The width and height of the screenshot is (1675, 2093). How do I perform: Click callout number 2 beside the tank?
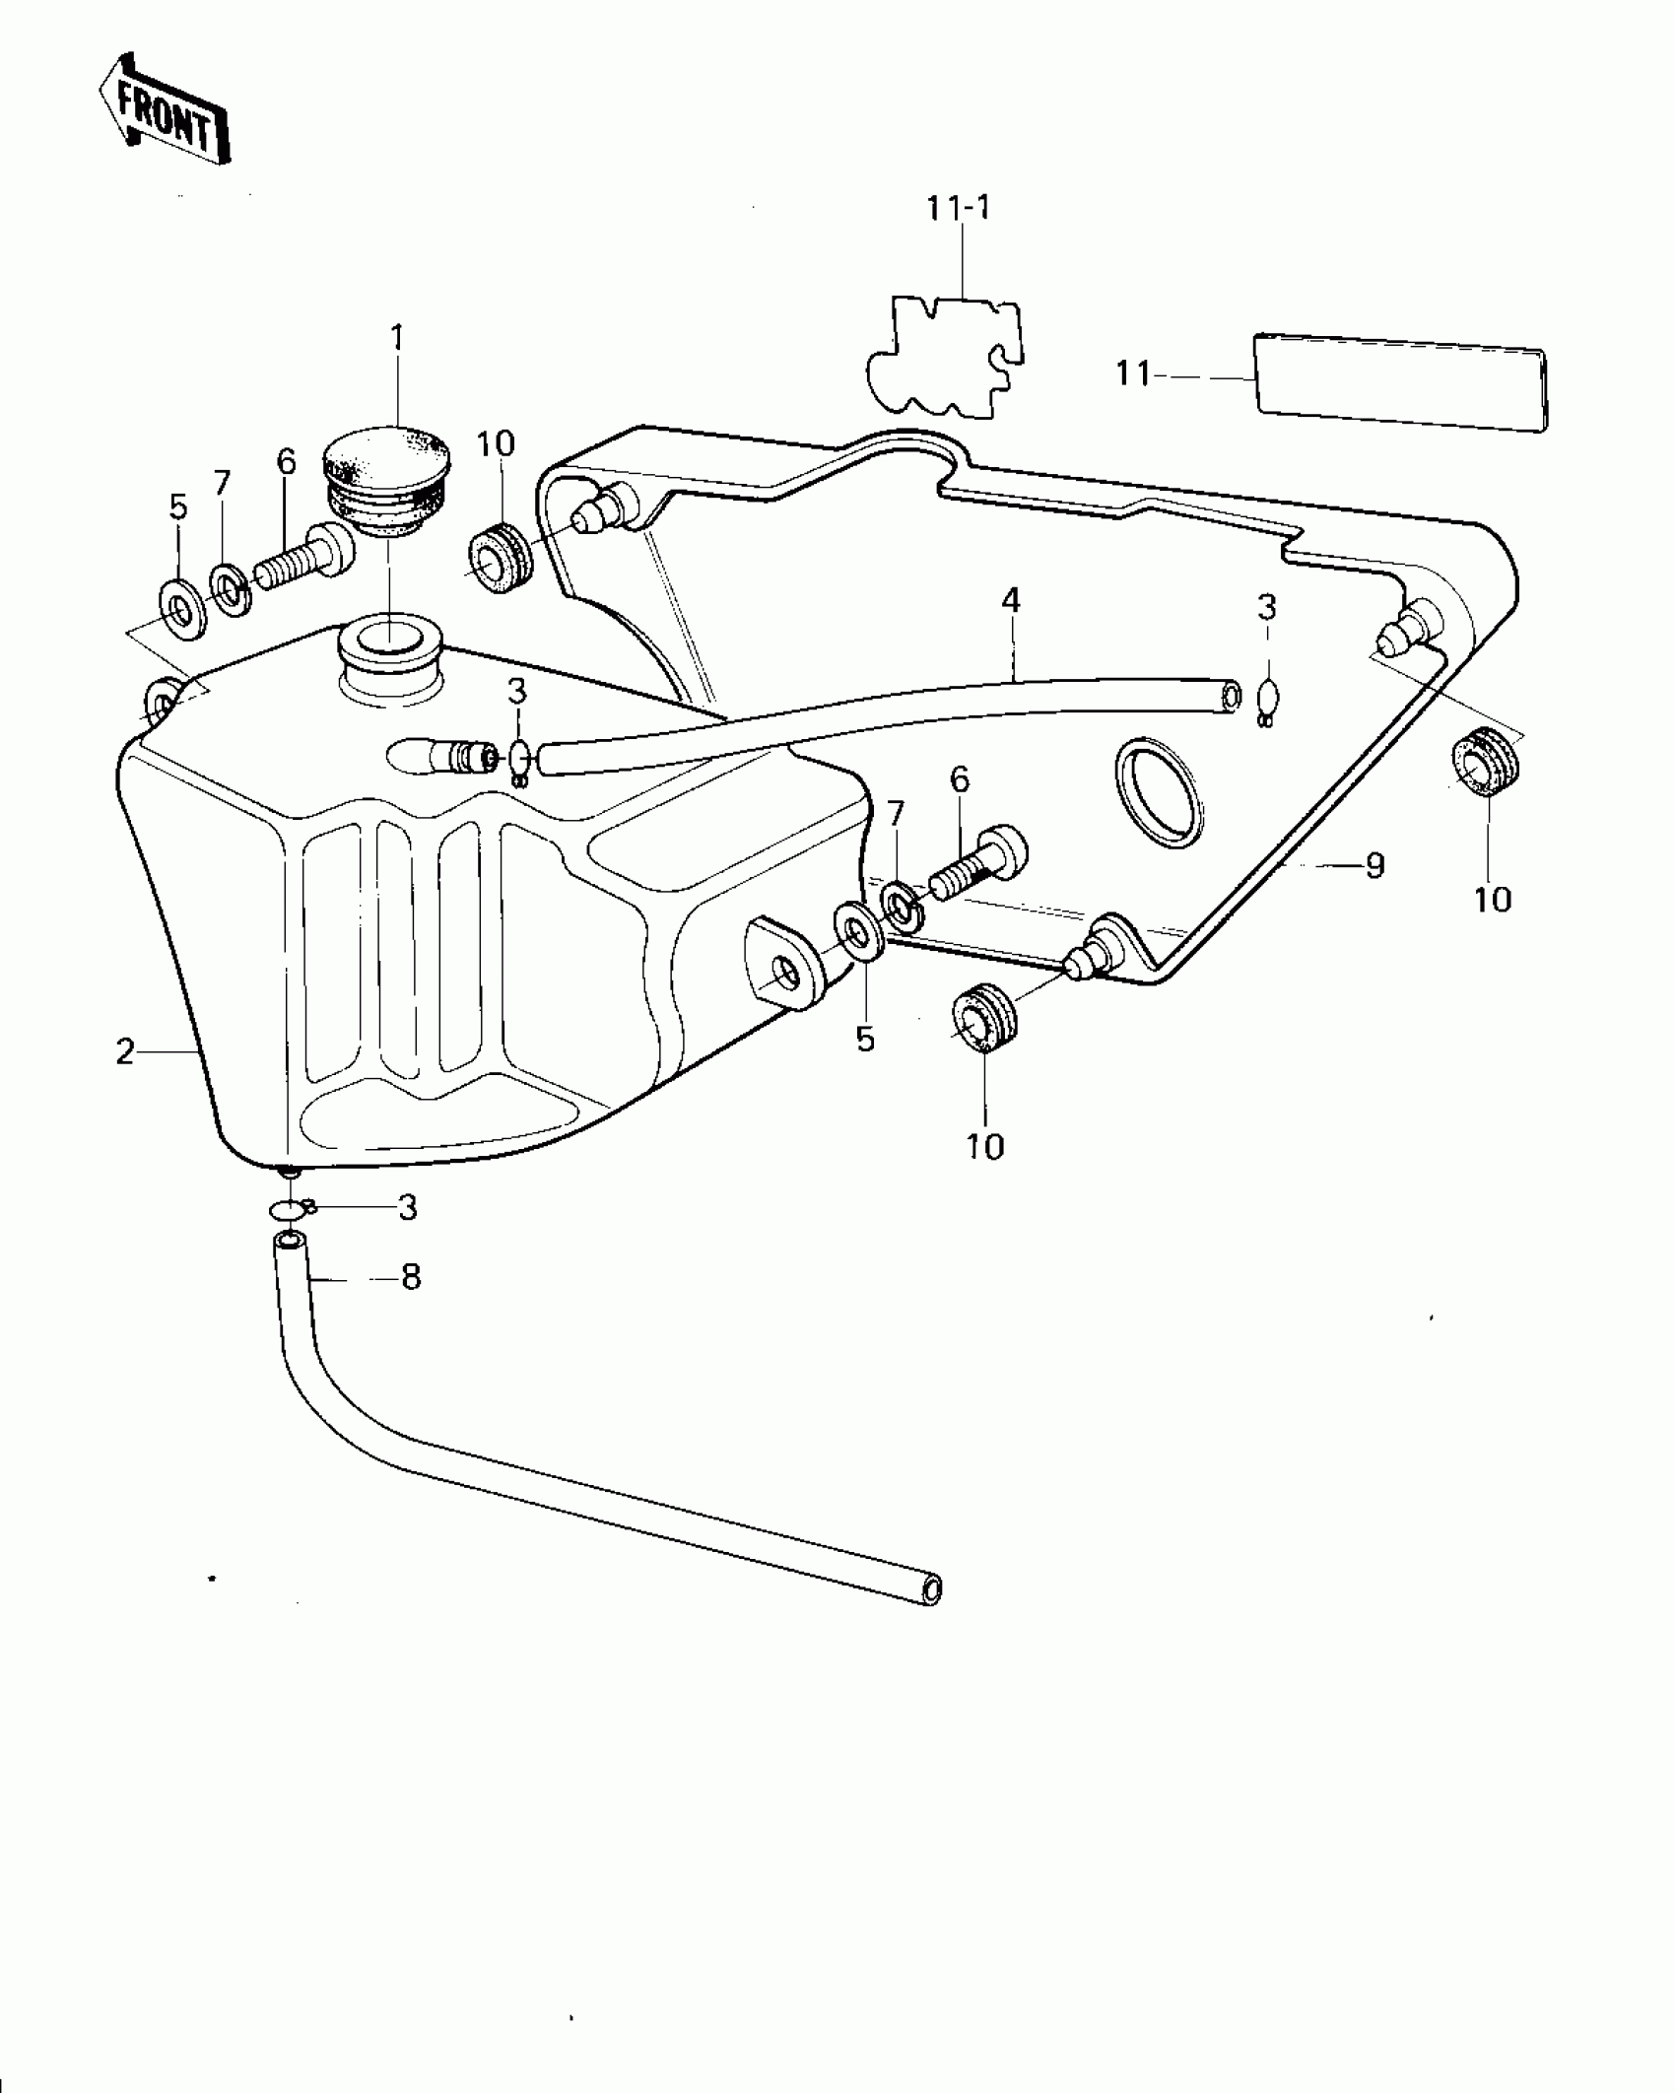point(125,1052)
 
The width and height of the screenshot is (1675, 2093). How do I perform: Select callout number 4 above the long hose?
point(1011,601)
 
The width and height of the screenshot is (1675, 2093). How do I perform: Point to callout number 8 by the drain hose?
point(411,1278)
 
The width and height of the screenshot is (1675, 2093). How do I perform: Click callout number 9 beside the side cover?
point(1374,865)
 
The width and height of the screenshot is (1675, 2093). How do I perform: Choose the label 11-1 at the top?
point(959,208)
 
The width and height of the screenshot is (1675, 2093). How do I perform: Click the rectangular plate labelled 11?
point(1400,382)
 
